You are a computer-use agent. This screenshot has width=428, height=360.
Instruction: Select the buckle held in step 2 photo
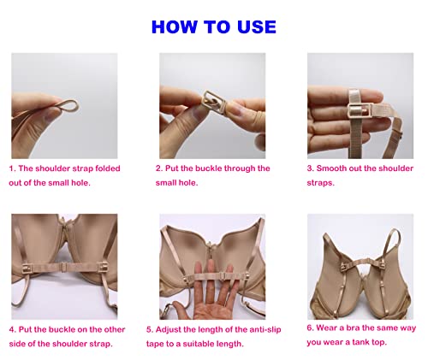[x=214, y=101]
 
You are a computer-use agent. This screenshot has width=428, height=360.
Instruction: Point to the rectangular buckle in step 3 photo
[x=360, y=110]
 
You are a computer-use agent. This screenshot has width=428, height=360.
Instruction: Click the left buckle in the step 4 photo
[x=27, y=269]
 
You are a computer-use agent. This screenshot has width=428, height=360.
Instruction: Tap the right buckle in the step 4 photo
[x=104, y=268]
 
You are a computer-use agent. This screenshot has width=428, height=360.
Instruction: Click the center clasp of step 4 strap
[x=64, y=268]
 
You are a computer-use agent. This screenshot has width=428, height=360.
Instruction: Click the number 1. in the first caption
[x=12, y=168]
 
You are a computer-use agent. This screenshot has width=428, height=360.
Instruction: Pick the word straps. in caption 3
[x=321, y=183]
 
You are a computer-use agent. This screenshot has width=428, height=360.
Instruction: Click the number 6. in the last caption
[x=310, y=328]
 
